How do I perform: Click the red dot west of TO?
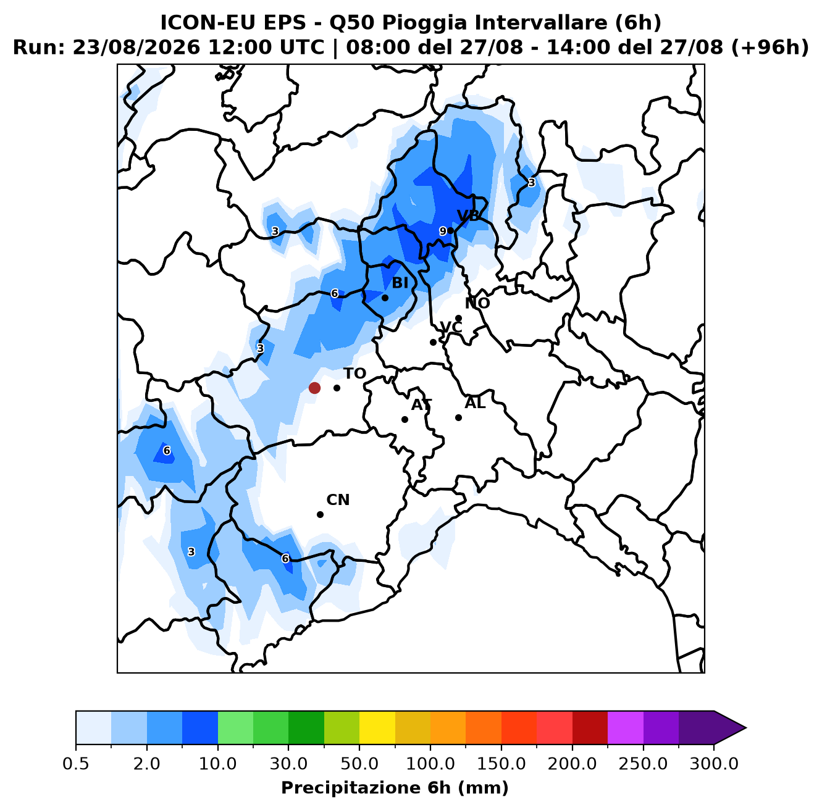pos(314,388)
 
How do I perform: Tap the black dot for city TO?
pos(337,388)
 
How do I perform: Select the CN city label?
pos(338,499)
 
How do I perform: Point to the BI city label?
pos(400,283)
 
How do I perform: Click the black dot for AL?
pos(458,417)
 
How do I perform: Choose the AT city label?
pos(421,405)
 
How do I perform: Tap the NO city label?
pos(477,303)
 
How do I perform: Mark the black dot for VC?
pos(433,342)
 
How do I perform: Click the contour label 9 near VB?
pos(443,231)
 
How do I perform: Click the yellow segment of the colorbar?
pos(377,727)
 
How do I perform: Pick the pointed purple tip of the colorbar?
pos(746,728)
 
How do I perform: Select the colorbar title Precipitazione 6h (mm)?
pos(395,788)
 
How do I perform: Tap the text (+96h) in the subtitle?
pos(770,48)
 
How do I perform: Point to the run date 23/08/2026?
pos(136,48)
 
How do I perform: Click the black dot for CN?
pos(320,514)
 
